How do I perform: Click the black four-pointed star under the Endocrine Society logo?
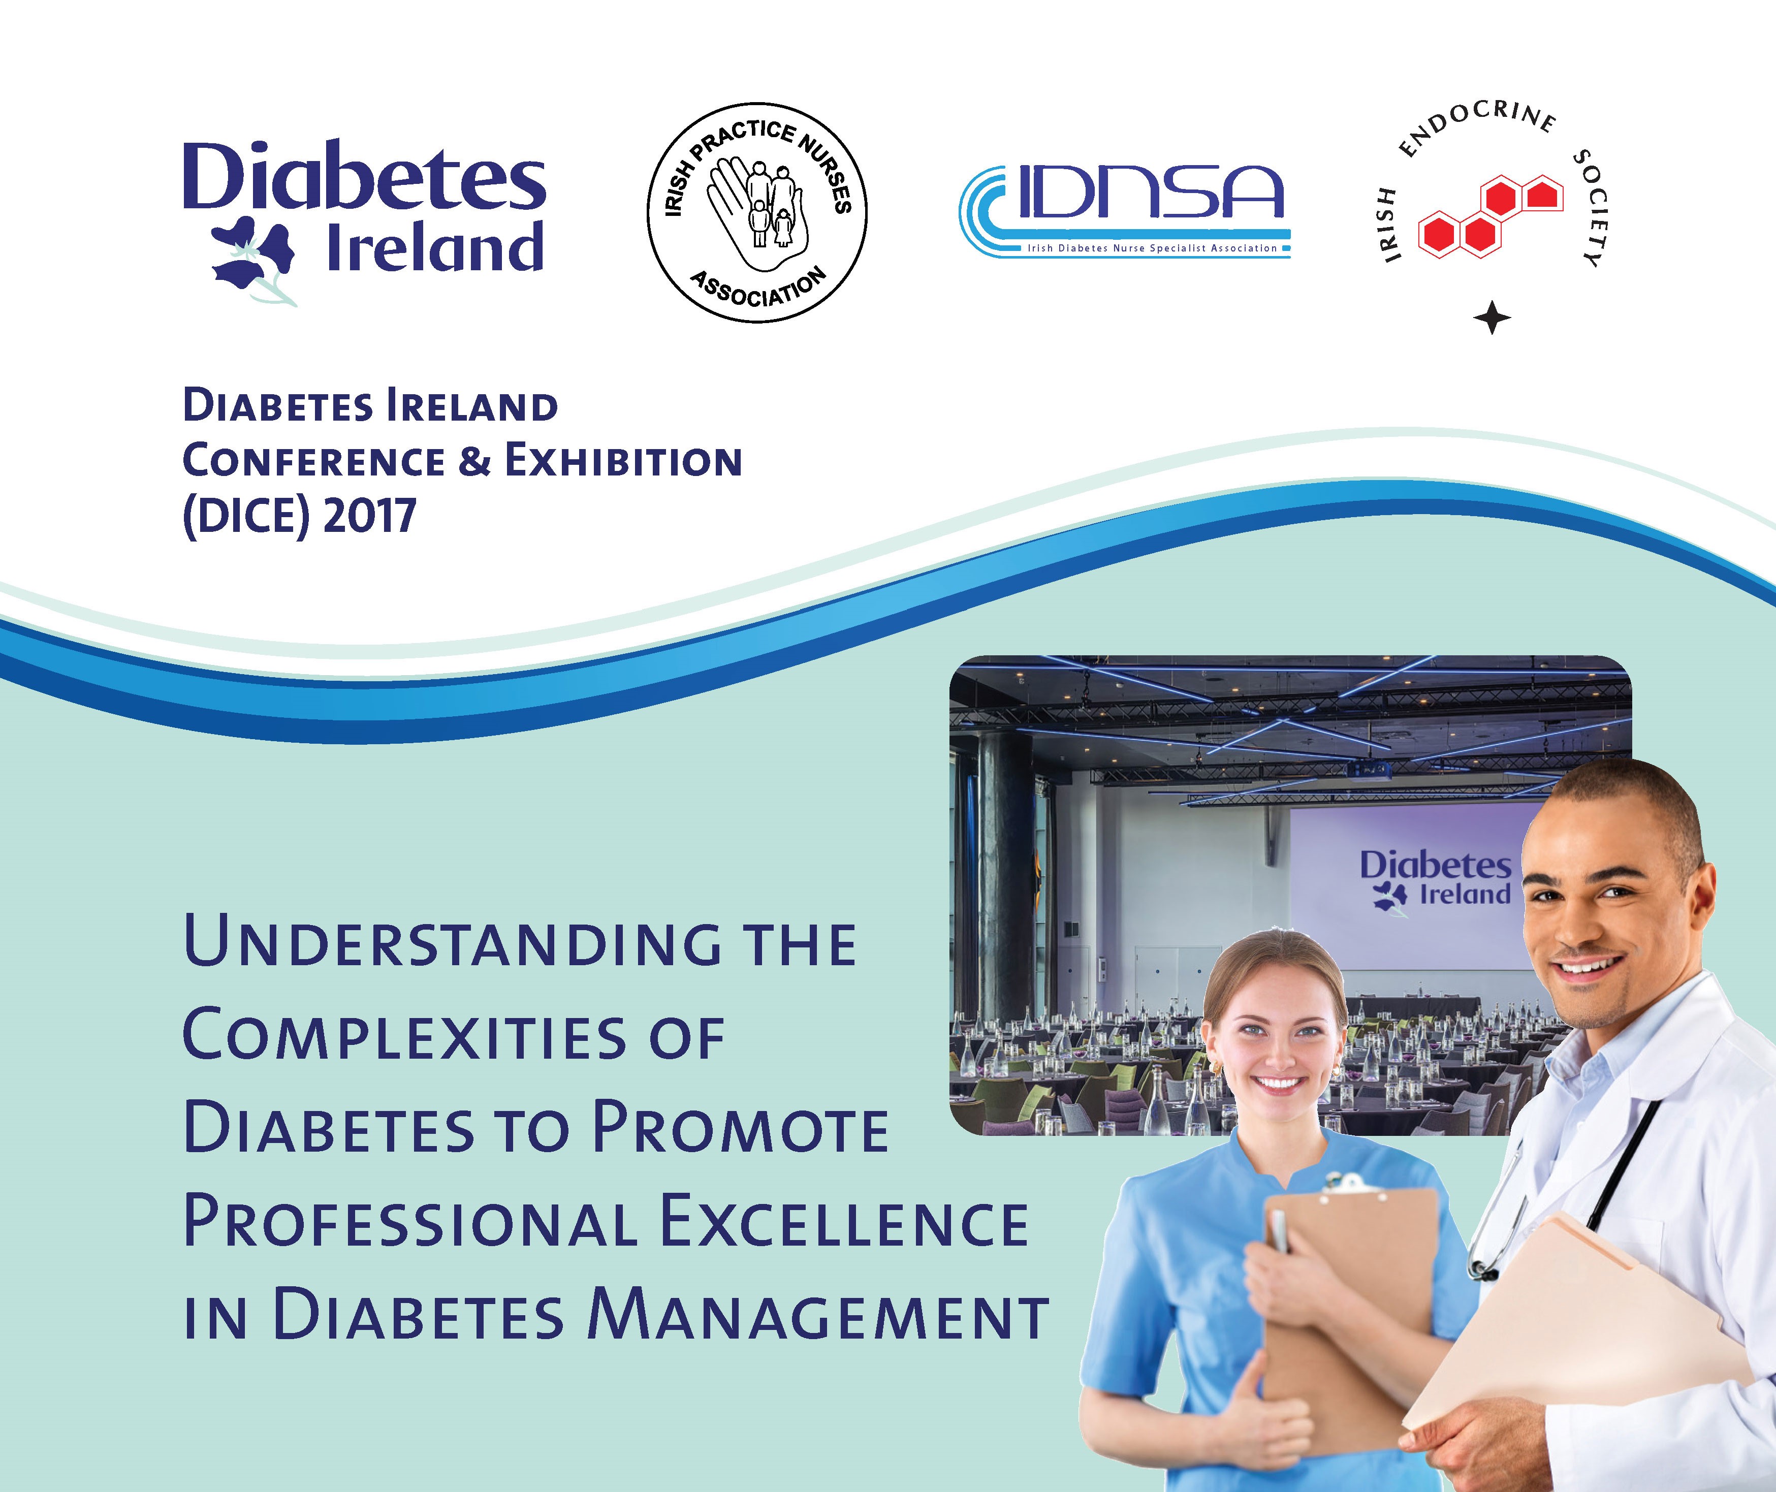(x=1492, y=318)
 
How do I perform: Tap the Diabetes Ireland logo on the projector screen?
(x=1435, y=880)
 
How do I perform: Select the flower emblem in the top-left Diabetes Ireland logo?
(x=253, y=258)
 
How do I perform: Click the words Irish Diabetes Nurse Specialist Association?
(x=1152, y=248)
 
